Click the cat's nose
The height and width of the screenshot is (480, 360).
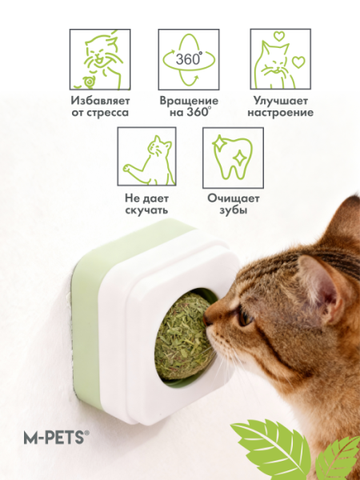206,319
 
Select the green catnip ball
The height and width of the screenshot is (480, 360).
184,336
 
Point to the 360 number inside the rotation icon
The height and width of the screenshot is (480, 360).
189,58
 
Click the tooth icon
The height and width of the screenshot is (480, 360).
233,157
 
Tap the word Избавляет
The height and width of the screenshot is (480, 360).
100,101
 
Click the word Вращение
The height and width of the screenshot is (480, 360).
189,101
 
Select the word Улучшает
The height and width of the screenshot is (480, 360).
281,101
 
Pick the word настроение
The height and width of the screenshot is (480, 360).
281,112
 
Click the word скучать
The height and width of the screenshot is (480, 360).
146,210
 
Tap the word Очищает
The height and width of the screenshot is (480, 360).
234,198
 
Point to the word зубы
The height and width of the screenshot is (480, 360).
234,210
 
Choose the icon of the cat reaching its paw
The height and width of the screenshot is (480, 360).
147,157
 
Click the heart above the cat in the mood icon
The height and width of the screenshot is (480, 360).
279,36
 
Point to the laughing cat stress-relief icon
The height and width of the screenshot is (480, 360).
100,59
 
